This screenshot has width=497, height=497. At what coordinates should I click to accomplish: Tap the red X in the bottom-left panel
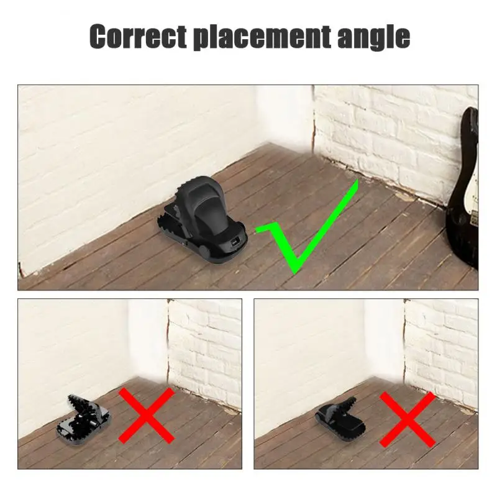pos(147,415)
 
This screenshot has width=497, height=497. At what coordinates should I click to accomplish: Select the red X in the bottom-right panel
pos(407,418)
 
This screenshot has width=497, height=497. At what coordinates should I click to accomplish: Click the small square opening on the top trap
pos(235,242)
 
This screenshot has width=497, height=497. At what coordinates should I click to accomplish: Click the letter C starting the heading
pos(99,37)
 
